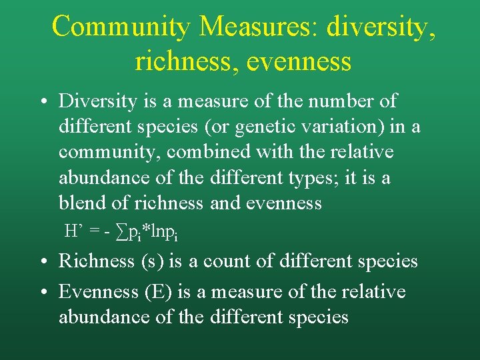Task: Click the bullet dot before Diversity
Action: [42, 102]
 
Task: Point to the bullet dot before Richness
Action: [42, 261]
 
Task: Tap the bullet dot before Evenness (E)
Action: [42, 292]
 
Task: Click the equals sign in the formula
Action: [96, 231]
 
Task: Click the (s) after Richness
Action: [150, 261]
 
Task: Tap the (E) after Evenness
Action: [153, 292]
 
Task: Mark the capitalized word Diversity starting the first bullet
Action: [97, 101]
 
